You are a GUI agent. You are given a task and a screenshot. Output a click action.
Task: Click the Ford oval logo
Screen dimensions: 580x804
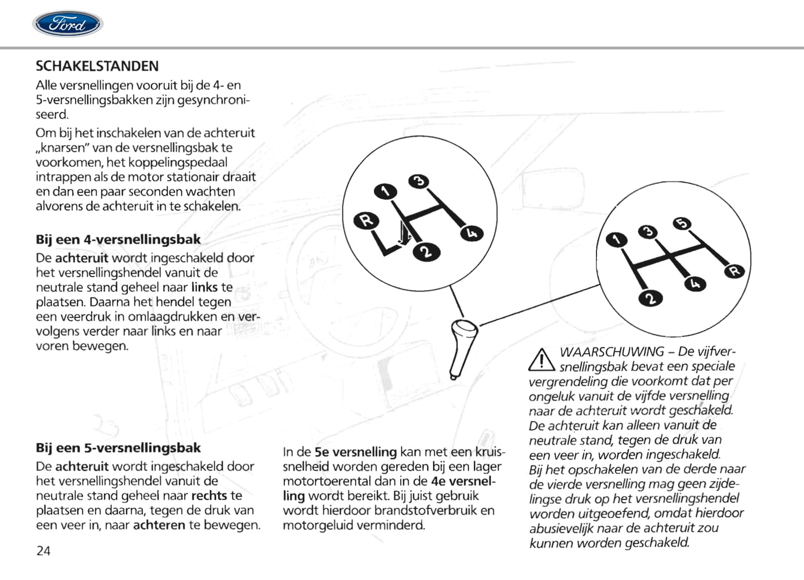67,24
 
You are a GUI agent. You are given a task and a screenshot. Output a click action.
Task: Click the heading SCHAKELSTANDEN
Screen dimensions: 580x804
97,66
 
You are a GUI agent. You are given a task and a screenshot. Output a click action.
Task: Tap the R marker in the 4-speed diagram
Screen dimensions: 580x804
366,221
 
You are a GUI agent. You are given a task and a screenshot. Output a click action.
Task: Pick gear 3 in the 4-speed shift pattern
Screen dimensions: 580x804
419,182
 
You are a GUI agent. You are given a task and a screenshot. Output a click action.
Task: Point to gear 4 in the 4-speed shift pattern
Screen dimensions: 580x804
472,233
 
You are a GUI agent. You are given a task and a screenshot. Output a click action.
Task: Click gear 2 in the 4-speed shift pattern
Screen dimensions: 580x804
426,252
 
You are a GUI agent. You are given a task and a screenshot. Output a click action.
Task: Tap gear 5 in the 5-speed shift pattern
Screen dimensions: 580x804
682,224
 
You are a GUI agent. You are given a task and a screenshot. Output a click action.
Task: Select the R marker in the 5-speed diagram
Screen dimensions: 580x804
734,271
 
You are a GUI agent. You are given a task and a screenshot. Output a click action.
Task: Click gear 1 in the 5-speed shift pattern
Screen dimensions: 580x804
615,240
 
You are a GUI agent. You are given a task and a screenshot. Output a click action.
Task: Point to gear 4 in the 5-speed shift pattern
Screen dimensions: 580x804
694,284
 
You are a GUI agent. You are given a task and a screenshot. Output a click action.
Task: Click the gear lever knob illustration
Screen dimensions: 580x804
463,348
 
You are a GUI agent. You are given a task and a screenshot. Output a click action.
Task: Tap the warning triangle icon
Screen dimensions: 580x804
541,360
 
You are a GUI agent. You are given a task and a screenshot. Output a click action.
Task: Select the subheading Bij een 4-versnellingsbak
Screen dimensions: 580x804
118,240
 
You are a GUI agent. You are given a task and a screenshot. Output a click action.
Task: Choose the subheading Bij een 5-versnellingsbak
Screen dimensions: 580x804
118,448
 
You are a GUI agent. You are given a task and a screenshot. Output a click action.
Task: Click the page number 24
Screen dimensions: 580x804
43,551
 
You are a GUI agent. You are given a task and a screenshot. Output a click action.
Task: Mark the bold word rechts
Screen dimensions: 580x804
209,495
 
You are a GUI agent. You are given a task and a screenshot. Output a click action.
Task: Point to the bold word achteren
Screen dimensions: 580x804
159,525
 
